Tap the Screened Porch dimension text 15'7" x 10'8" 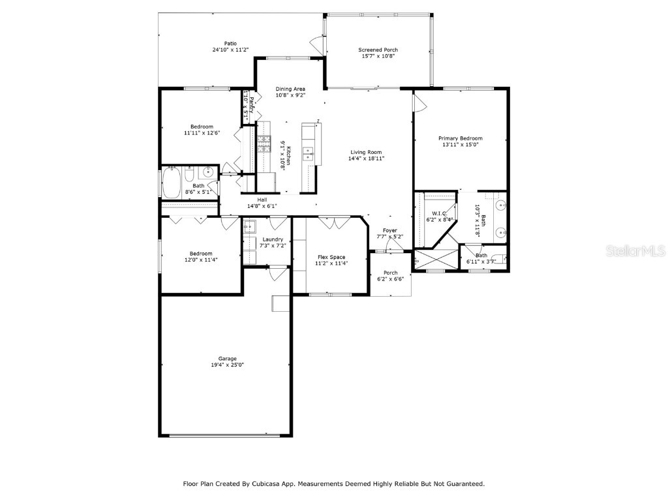[x=378, y=56]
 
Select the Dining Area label [x=290, y=89]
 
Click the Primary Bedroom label [x=460, y=138]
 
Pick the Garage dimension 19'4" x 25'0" [x=227, y=365]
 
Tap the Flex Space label [x=331, y=257]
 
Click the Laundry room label [x=272, y=239]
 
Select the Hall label [x=262, y=200]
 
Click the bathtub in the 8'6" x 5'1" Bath [x=172, y=183]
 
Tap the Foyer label [x=389, y=230]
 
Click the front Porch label [x=390, y=273]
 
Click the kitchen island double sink [x=309, y=153]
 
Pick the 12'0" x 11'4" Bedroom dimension [x=201, y=260]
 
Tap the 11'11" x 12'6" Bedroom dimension [x=202, y=132]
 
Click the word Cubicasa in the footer [x=269, y=484]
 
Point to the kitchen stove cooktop [x=266, y=145]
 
